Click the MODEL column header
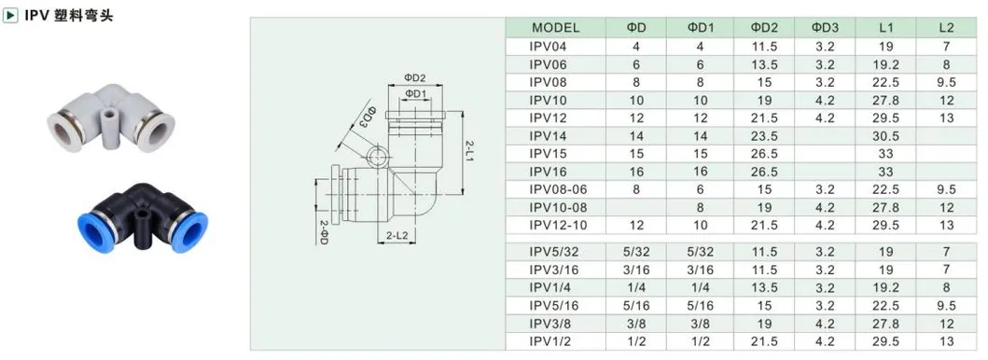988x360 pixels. [555, 28]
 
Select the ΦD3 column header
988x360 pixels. [825, 28]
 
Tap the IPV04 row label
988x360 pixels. [549, 46]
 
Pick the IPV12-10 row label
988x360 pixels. [557, 226]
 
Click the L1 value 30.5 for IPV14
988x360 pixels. [885, 136]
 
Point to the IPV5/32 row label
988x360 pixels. [553, 253]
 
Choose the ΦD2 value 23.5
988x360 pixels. [764, 136]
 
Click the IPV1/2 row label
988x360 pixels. [550, 341]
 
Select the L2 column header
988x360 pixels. [946, 28]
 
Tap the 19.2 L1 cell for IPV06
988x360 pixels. [885, 64]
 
